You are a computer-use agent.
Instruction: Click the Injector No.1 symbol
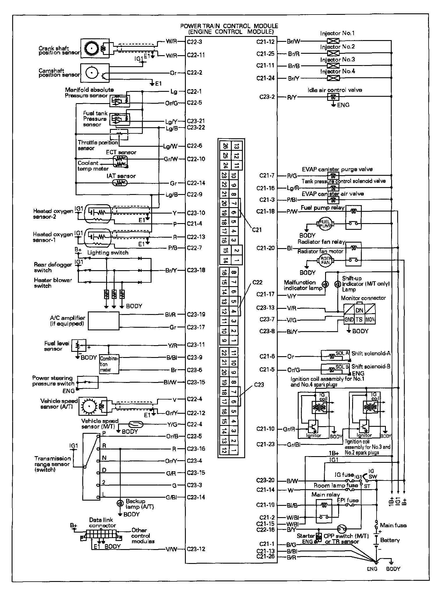coord(333,41)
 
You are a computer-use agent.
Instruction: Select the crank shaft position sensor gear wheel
coord(92,48)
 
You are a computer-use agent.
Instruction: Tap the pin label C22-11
coord(196,55)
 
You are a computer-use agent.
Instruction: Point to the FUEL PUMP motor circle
coord(325,224)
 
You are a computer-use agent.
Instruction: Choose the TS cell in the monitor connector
coord(359,320)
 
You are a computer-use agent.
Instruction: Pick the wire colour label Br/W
coord(293,41)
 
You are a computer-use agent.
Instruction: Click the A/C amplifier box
coord(104,321)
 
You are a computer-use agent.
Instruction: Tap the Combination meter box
coord(109,364)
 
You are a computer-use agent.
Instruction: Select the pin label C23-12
coord(196,549)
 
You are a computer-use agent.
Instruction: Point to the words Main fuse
coord(393,525)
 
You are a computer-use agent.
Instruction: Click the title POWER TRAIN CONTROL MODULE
coord(229,26)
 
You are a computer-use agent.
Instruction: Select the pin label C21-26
coord(265,557)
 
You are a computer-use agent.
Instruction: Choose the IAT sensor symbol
coord(120,183)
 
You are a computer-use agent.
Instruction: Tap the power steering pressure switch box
coord(87,382)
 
